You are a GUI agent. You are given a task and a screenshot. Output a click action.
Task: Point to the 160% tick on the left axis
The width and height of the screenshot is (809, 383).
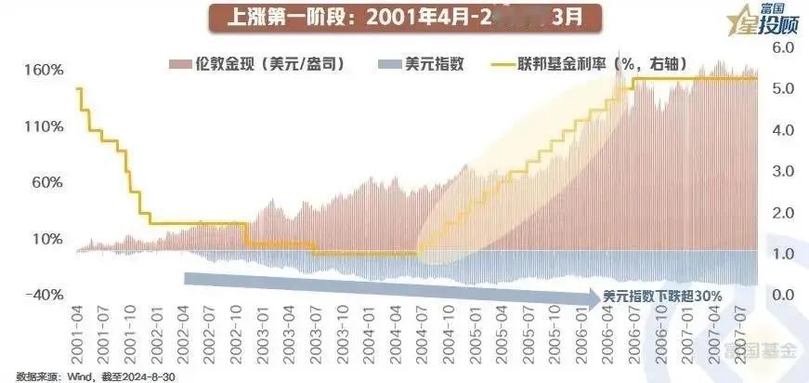(45, 71)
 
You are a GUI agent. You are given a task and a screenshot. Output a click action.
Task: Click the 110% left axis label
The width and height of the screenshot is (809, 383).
(45, 126)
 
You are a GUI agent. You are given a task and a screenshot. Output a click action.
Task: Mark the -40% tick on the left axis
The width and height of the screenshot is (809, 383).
(45, 295)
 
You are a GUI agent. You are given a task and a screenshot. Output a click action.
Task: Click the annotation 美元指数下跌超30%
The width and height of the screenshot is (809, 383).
(662, 296)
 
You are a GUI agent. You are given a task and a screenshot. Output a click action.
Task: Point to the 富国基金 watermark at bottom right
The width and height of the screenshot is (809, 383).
(763, 351)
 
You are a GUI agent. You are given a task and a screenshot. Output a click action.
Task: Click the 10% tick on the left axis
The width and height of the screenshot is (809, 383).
(46, 239)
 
